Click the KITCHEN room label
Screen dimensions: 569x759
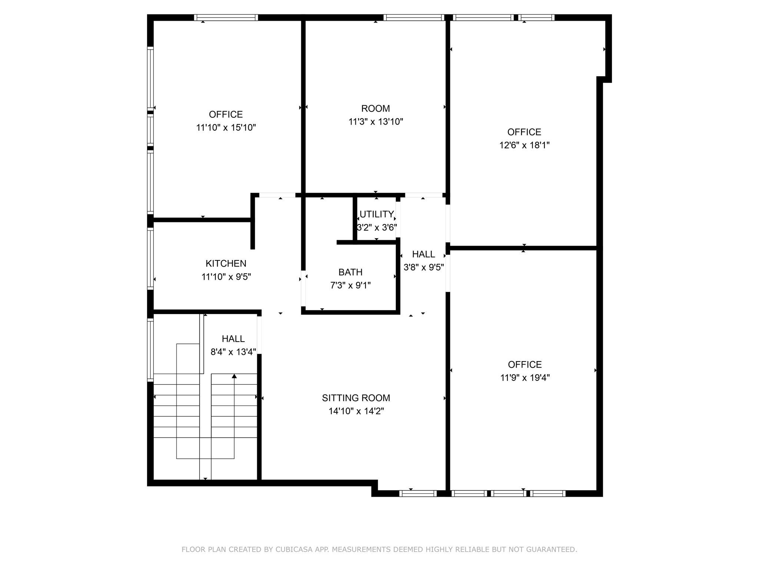point(226,263)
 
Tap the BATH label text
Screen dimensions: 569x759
point(350,272)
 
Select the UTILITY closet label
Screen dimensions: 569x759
point(377,214)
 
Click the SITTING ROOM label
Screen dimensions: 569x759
point(356,398)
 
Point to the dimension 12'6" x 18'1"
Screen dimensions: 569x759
point(524,145)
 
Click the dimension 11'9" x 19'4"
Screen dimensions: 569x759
point(524,378)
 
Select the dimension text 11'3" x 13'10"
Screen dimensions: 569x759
point(375,122)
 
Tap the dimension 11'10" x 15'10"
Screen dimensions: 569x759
point(226,128)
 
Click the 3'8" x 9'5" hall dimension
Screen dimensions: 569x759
point(423,267)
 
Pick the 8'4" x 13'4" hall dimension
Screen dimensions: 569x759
point(233,352)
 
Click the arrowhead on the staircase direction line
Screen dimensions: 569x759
point(234,376)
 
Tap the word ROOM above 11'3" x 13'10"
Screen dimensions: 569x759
point(375,109)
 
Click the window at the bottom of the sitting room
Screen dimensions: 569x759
point(418,493)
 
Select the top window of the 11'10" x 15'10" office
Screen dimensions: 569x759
point(226,17)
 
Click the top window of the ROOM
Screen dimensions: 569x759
point(414,17)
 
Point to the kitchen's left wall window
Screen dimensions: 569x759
point(150,259)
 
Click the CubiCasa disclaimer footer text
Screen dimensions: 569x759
point(379,549)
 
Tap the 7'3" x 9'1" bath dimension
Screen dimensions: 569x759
point(350,285)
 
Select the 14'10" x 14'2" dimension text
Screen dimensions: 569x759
point(356,411)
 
